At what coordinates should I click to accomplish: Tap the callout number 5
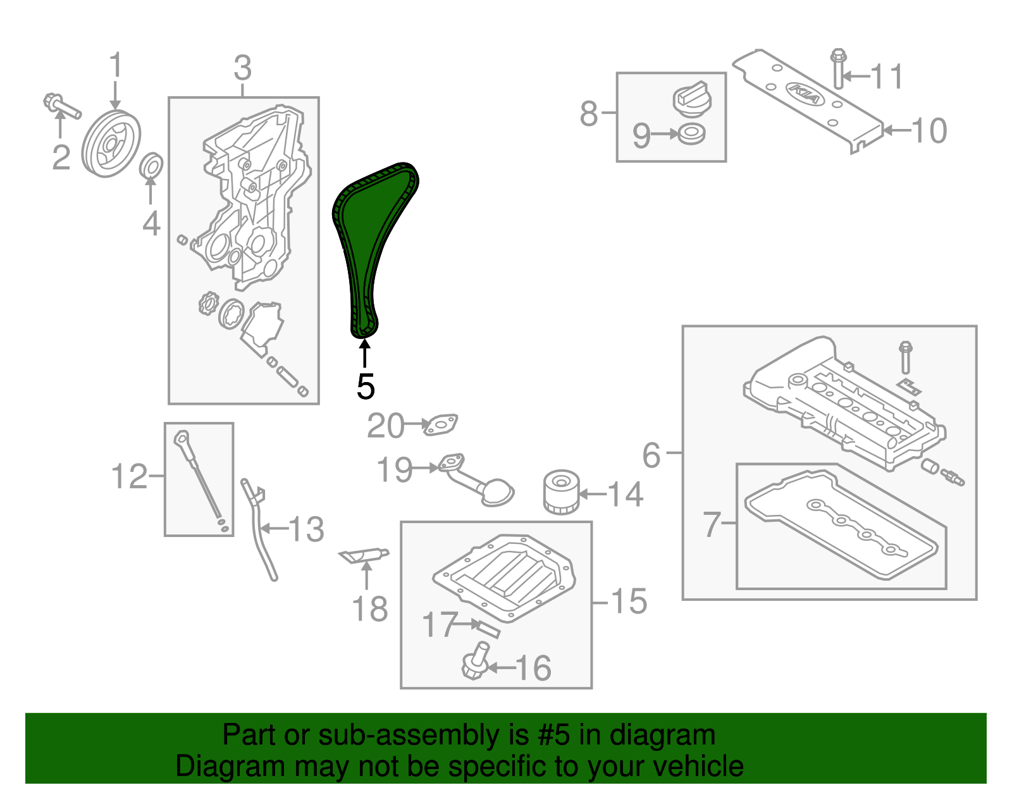(x=366, y=386)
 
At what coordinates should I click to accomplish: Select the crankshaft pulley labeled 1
(x=111, y=144)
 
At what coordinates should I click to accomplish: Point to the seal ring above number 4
(x=151, y=166)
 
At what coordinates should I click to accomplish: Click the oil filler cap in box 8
(x=691, y=99)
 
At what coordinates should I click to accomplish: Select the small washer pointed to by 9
(x=691, y=134)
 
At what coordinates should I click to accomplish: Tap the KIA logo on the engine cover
(x=805, y=94)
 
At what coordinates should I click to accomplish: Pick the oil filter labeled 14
(x=561, y=491)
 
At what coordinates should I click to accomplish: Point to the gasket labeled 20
(x=441, y=424)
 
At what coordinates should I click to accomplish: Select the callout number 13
(x=306, y=529)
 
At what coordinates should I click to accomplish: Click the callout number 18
(x=369, y=609)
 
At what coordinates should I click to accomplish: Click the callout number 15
(x=629, y=601)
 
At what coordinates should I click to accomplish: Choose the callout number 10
(x=929, y=131)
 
